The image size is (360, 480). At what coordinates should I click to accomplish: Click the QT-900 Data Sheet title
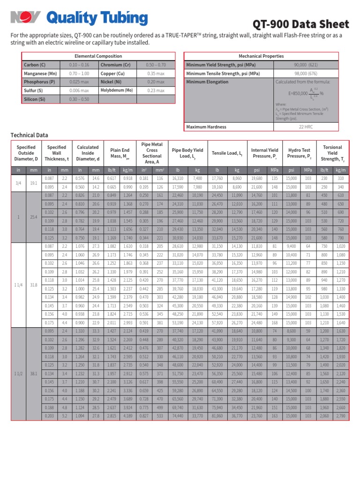[x=300, y=24]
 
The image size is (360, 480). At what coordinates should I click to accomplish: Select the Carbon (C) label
[x=34, y=65]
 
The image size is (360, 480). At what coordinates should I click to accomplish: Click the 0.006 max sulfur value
[x=79, y=90]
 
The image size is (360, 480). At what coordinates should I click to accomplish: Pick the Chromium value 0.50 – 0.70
[x=156, y=65]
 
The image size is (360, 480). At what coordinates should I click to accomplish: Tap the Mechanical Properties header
[x=261, y=56]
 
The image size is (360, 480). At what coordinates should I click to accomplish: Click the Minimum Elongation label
[x=207, y=82]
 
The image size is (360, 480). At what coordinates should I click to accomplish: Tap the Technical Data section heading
[x=29, y=135]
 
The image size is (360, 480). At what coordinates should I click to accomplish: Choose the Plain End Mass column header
[x=119, y=153]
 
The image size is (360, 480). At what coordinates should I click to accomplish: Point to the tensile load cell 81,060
[x=217, y=416]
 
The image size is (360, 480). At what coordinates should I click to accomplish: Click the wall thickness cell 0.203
[x=49, y=416]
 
